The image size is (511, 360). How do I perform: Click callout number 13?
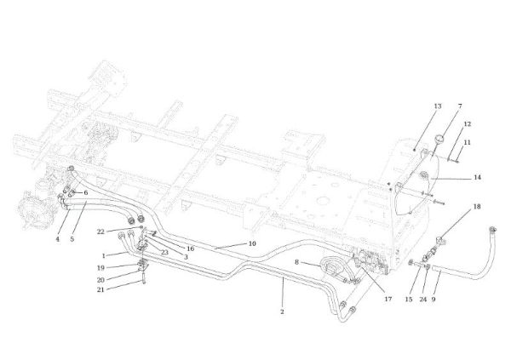438,106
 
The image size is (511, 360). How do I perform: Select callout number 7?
460,106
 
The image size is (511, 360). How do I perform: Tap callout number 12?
468,124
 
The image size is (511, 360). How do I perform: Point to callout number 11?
468,142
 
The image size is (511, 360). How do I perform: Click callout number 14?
478,178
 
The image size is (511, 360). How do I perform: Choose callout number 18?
477,207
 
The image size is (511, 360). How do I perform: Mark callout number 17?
388,299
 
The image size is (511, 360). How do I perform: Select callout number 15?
409,299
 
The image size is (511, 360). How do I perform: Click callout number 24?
422,299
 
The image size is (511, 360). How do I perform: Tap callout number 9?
433,299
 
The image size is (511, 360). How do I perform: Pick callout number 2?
282,311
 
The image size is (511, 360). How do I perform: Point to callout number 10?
252,243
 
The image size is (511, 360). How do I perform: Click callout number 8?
296,262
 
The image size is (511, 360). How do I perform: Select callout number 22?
100,231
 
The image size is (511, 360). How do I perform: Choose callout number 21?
100,289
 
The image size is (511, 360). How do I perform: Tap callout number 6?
86,192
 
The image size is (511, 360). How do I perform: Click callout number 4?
58,239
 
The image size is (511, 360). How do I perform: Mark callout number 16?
190,249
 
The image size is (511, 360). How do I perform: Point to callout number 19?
100,268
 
